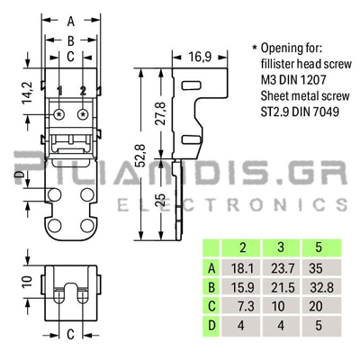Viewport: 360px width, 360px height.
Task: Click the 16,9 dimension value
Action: coord(200,57)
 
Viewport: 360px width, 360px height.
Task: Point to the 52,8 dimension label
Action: coord(140,156)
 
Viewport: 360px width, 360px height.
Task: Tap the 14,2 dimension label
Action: coord(28,93)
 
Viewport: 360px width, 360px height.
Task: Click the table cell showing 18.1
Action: coord(241,268)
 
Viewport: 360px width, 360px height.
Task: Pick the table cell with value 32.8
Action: coord(321,287)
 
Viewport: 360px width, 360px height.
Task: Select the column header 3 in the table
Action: coord(281,247)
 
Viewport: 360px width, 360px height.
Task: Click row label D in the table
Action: coord(211,325)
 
